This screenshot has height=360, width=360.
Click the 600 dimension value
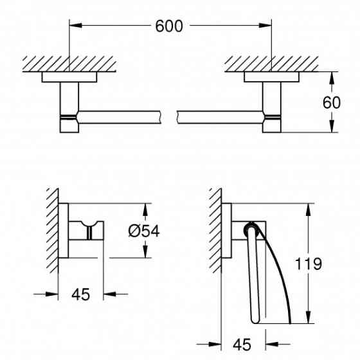coord(169,26)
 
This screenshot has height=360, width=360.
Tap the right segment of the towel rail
coord(219,116)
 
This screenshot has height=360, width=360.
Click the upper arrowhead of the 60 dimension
coord(331,76)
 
